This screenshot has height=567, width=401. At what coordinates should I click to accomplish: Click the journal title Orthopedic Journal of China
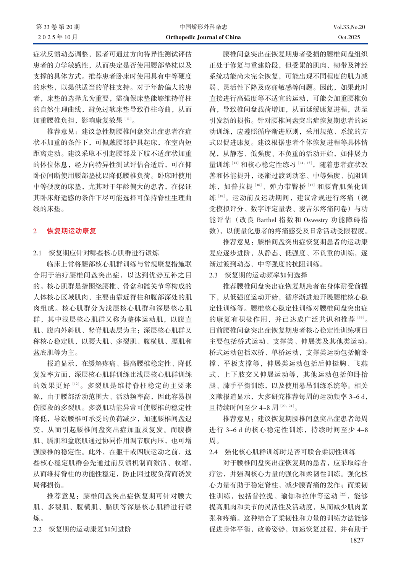tap(203, 37)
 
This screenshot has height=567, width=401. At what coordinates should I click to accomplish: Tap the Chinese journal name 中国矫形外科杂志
tap(203, 27)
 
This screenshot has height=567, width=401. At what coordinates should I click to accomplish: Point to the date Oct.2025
tap(349, 37)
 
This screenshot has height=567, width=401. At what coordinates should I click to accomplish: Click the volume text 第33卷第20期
tap(58, 27)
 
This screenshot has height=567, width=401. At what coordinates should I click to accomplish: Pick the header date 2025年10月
tap(58, 37)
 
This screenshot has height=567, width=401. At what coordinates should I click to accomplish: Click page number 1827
tap(357, 540)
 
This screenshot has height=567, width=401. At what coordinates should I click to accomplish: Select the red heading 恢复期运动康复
tap(71, 231)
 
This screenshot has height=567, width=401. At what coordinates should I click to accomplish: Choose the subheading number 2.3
tap(213, 275)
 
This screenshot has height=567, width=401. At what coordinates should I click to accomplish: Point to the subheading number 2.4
tap(213, 452)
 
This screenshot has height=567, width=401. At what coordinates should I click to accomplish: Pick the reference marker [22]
tap(343, 494)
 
